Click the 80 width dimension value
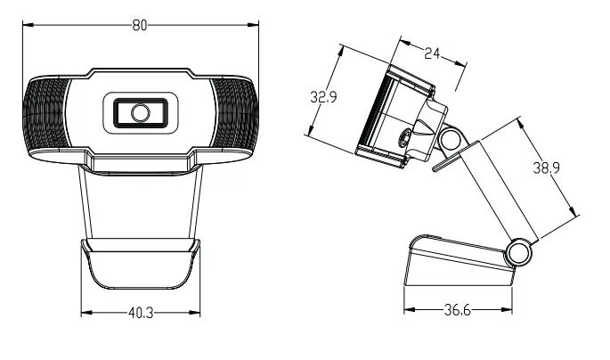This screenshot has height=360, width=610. [x=140, y=25]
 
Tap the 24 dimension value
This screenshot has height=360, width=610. [x=432, y=54]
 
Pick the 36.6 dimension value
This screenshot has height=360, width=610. [x=458, y=311]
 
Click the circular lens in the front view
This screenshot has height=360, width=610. [x=140, y=112]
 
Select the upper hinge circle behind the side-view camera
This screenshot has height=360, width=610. [x=451, y=139]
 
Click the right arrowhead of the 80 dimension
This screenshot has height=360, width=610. [x=255, y=25]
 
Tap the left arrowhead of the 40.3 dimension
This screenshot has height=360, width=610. [x=85, y=313]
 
